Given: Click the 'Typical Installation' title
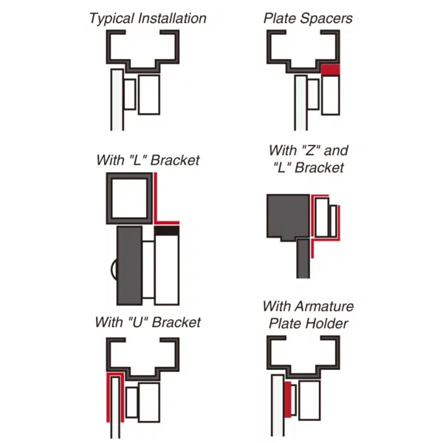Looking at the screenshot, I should pos(148,18).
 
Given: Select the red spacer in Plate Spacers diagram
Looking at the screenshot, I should pos(330,70).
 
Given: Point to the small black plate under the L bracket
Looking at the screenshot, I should pos(167,231).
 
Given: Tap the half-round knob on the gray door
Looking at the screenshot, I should pos(113,270).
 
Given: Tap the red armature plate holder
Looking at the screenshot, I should pos(287,399).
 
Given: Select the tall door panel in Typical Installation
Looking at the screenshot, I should pos(116,100).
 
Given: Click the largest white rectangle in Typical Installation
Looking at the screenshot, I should pos(149,94).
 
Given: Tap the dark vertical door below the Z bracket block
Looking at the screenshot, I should pos(303,258).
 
